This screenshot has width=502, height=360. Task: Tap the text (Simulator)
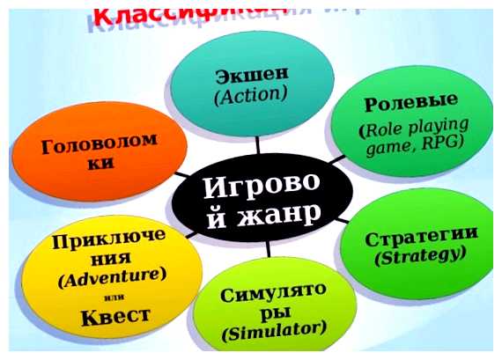pos(275,331)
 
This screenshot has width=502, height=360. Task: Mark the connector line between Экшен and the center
pos(258,145)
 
